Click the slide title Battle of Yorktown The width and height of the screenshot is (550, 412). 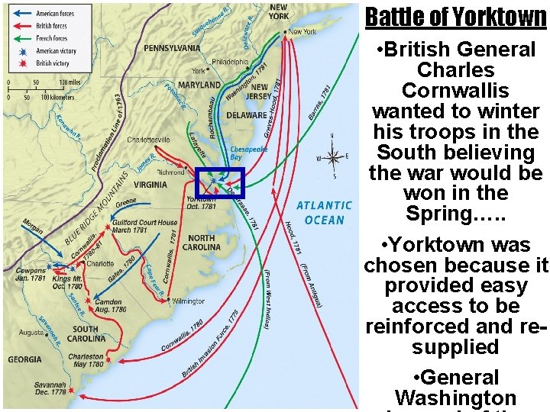pos(455,17)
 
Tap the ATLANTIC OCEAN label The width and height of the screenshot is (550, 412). pos(325,212)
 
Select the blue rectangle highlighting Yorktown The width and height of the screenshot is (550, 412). pos(220,183)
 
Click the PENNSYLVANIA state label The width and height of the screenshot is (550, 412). pos(172,48)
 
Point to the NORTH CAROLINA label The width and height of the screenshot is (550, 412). pos(202,243)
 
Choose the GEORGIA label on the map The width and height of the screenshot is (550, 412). pos(25,359)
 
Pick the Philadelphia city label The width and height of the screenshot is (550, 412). pos(230,62)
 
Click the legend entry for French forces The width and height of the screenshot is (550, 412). pos(52,38)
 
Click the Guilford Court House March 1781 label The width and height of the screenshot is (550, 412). pos(145,227)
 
